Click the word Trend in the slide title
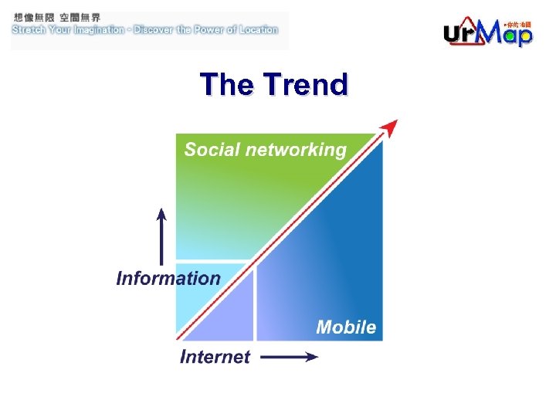[x=306, y=85]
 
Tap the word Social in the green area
[x=212, y=150]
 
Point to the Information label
[x=168, y=279]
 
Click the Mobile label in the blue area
[x=346, y=327]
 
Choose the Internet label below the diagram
[x=215, y=357]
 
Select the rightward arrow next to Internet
[x=289, y=357]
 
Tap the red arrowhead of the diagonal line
[x=391, y=127]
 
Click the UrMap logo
[x=487, y=33]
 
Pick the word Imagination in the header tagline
[x=91, y=30]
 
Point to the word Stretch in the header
[x=29, y=30]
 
